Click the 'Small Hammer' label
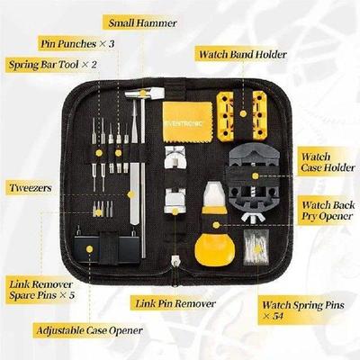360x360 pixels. (142, 22)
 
